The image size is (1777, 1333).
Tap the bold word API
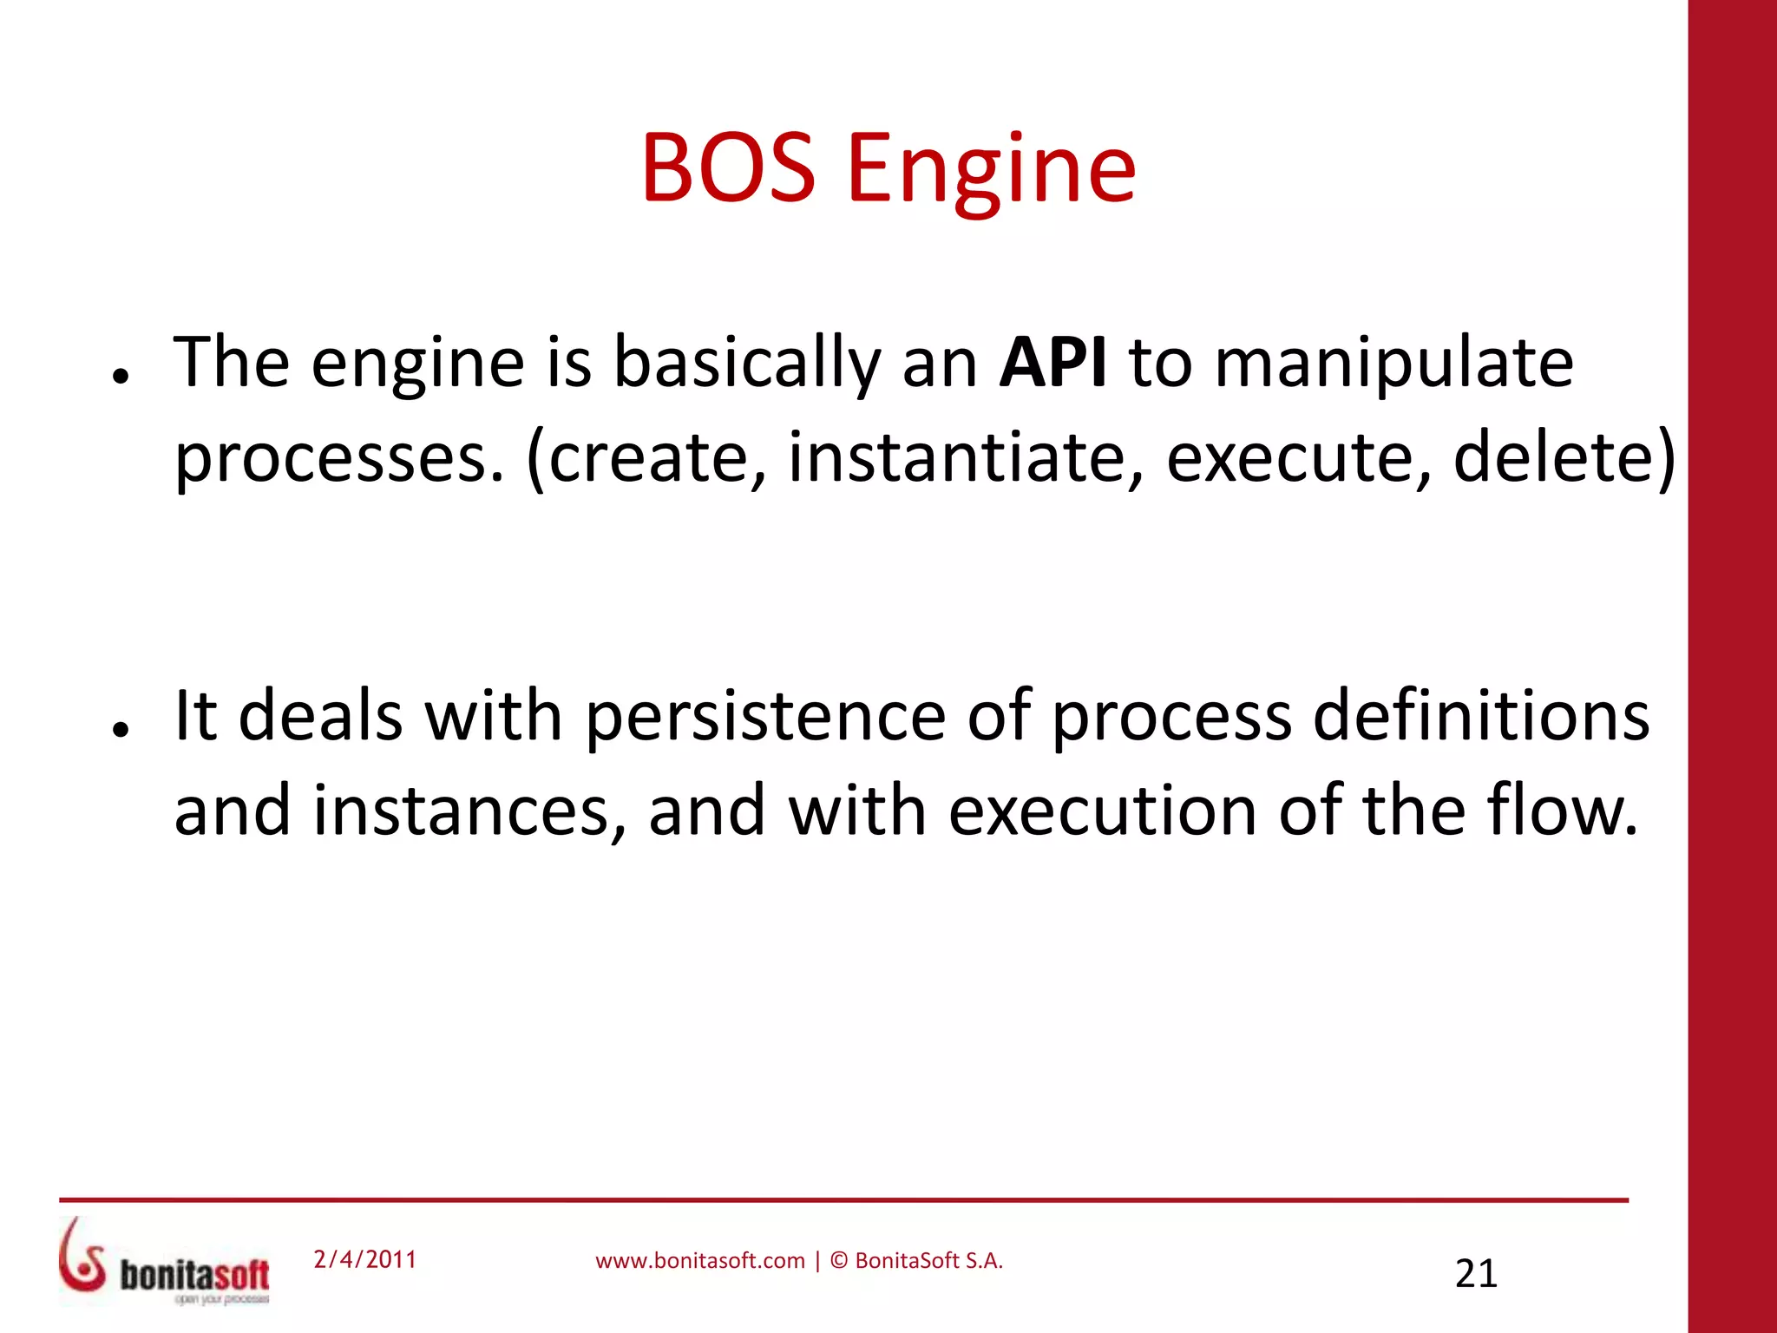[x=1052, y=362]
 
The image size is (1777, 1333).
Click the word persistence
[x=764, y=718]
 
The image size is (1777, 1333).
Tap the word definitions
[x=1480, y=716]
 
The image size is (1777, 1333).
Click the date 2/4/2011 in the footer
[x=364, y=1259]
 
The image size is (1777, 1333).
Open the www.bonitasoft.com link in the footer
[x=699, y=1261]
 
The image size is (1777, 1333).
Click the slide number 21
[x=1476, y=1273]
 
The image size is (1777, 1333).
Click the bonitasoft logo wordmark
[x=194, y=1275]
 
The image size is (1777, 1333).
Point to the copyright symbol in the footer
[x=839, y=1261]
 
